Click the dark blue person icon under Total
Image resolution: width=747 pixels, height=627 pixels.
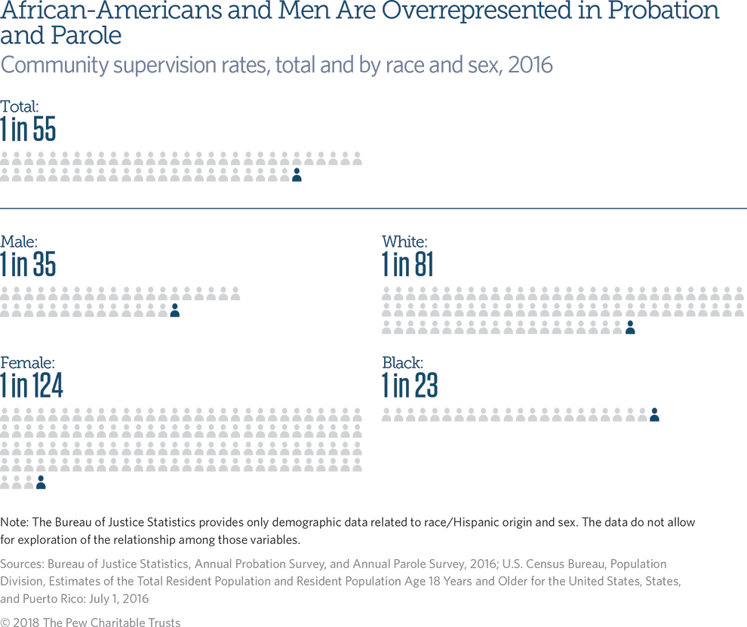297,175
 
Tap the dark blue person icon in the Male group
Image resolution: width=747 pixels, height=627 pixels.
174,310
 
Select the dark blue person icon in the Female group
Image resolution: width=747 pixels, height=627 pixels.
41,482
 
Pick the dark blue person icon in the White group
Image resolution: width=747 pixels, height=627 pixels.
630,327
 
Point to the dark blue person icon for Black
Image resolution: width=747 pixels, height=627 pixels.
654,414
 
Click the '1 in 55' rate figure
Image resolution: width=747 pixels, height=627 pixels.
28,130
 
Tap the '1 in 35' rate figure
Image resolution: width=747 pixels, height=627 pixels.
28,265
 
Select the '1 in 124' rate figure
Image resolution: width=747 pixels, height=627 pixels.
32,386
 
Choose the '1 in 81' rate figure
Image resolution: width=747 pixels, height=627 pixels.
407,265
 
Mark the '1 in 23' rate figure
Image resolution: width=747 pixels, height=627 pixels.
410,386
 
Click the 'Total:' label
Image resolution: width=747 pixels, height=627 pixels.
20,107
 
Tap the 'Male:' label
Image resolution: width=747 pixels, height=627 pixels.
19,242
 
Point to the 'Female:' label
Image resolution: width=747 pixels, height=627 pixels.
27,363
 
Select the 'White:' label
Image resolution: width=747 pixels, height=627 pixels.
404,242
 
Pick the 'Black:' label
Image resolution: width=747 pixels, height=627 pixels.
402,363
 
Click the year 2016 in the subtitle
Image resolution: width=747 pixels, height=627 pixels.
530,65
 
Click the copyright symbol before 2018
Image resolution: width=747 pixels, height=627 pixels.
6,622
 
